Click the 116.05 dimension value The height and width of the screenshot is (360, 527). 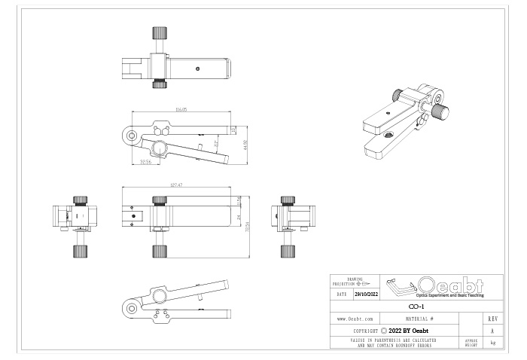(x=180, y=110)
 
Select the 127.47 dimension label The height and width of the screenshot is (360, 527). (x=178, y=185)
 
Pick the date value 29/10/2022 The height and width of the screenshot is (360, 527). (x=367, y=294)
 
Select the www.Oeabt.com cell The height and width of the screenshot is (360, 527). (x=356, y=319)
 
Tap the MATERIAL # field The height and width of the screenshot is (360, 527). (x=421, y=319)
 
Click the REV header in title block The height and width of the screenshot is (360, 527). (x=492, y=319)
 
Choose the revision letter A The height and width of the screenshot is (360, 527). (x=492, y=331)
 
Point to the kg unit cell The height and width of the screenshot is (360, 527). (x=492, y=342)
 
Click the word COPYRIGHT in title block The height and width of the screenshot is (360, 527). (x=365, y=331)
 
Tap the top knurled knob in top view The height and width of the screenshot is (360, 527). (x=159, y=33)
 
